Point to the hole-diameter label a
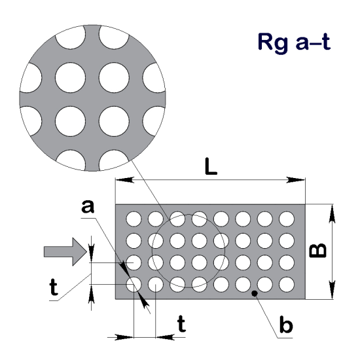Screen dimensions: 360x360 [x=86, y=207]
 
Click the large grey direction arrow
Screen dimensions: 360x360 [x=63, y=252]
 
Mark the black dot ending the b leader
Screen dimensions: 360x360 [x=257, y=295]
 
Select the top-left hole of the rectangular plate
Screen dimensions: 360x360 [x=134, y=218]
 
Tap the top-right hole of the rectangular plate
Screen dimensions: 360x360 [x=287, y=218]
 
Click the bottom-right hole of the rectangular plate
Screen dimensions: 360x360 [x=287, y=285]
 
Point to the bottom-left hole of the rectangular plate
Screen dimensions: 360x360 [x=134, y=285]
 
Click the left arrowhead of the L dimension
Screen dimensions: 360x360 [x=122, y=180]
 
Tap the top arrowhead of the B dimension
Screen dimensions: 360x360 [x=333, y=211]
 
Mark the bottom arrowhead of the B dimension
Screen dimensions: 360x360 [x=333, y=293]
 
